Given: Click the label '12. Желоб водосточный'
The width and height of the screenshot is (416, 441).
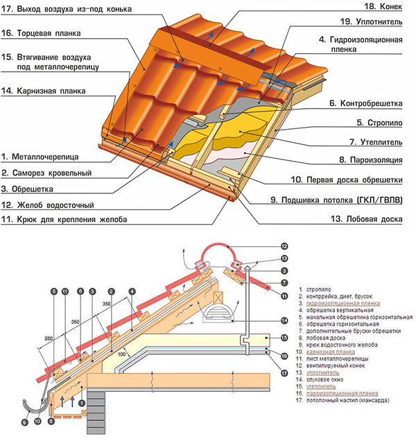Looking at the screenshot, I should (x=48, y=205).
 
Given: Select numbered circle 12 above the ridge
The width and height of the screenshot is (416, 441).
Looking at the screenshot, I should (x=285, y=246).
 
